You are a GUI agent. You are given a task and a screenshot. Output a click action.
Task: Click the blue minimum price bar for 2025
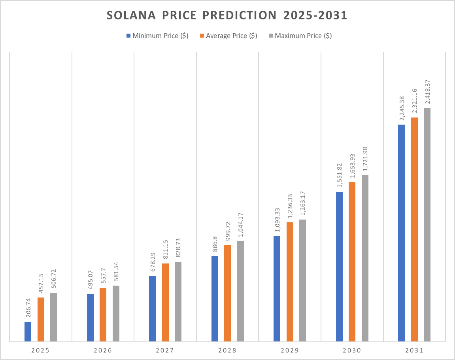(x=28, y=332)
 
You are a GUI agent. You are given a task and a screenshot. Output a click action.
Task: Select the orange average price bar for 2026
(x=103, y=315)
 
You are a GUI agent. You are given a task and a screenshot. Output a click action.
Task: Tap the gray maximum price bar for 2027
(x=178, y=301)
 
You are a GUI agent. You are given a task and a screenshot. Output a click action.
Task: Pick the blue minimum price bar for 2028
(x=215, y=299)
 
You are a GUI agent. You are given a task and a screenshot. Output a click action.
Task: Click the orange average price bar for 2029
(x=290, y=282)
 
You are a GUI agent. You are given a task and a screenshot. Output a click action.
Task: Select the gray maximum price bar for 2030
(x=365, y=258)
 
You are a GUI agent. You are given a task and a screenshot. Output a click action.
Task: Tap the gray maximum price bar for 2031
(x=427, y=224)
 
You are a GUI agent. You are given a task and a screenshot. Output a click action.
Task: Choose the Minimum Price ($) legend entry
(x=157, y=36)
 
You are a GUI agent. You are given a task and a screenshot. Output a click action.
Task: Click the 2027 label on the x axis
(x=165, y=351)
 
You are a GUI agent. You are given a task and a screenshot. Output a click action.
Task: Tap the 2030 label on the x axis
(x=352, y=351)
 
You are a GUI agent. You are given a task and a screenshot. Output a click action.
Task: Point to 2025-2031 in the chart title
(x=315, y=16)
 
